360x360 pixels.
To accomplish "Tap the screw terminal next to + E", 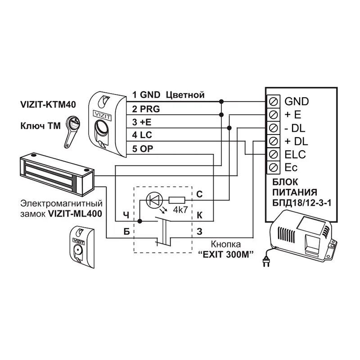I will pos(274,114).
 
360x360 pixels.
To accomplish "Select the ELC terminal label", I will pos(295,154).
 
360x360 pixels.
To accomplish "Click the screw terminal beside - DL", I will pos(274,127).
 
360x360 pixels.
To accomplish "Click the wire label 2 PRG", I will pos(146,109).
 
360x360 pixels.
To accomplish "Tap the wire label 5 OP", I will pos(144,148).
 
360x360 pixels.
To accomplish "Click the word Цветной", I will pos(185,95).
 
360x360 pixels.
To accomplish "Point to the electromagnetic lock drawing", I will pos(56,173).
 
